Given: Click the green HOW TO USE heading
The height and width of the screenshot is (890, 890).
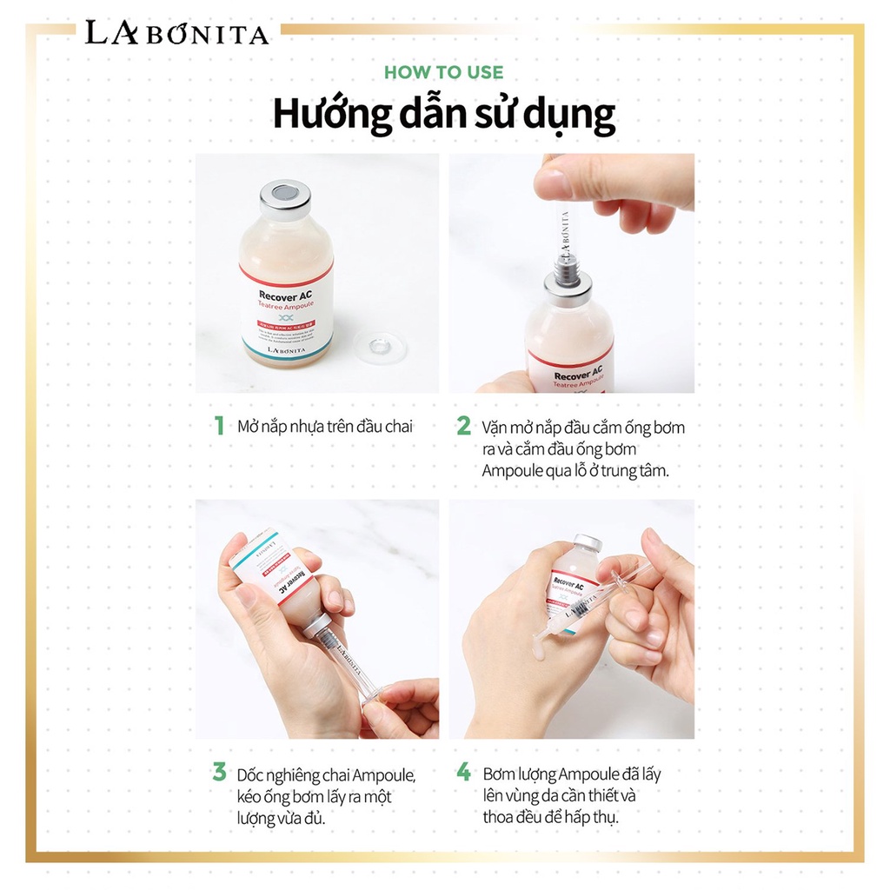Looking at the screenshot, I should click(x=443, y=73).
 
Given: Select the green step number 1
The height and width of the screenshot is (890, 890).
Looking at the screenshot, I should click(x=220, y=426).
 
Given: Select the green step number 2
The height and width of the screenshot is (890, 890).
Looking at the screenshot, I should click(x=464, y=426).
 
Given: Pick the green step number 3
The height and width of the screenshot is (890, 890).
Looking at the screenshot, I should click(x=220, y=772).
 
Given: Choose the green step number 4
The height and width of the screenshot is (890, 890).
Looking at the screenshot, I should click(x=464, y=772).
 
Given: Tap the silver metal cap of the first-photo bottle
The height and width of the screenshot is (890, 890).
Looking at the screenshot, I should click(x=284, y=197).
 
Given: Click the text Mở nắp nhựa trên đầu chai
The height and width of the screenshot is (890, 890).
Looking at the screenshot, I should click(x=325, y=427).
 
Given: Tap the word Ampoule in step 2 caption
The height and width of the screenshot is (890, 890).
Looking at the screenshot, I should click(x=513, y=470).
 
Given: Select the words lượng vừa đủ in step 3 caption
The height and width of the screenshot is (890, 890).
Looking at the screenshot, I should click(x=281, y=819).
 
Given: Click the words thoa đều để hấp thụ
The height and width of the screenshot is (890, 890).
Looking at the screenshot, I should click(x=550, y=817).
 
